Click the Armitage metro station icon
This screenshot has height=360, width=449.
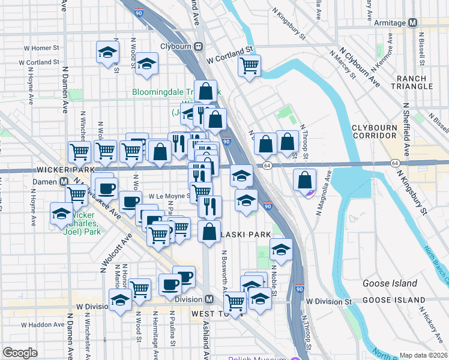(x=412, y=23)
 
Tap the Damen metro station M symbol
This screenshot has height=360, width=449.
(x=64, y=182)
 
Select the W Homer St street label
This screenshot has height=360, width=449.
(x=41, y=47)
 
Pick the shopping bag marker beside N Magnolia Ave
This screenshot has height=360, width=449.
(x=306, y=179)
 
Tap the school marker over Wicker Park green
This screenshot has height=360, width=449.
(x=61, y=213)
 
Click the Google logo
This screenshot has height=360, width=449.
(x=20, y=353)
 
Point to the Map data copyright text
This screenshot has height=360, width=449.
(x=424, y=355)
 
